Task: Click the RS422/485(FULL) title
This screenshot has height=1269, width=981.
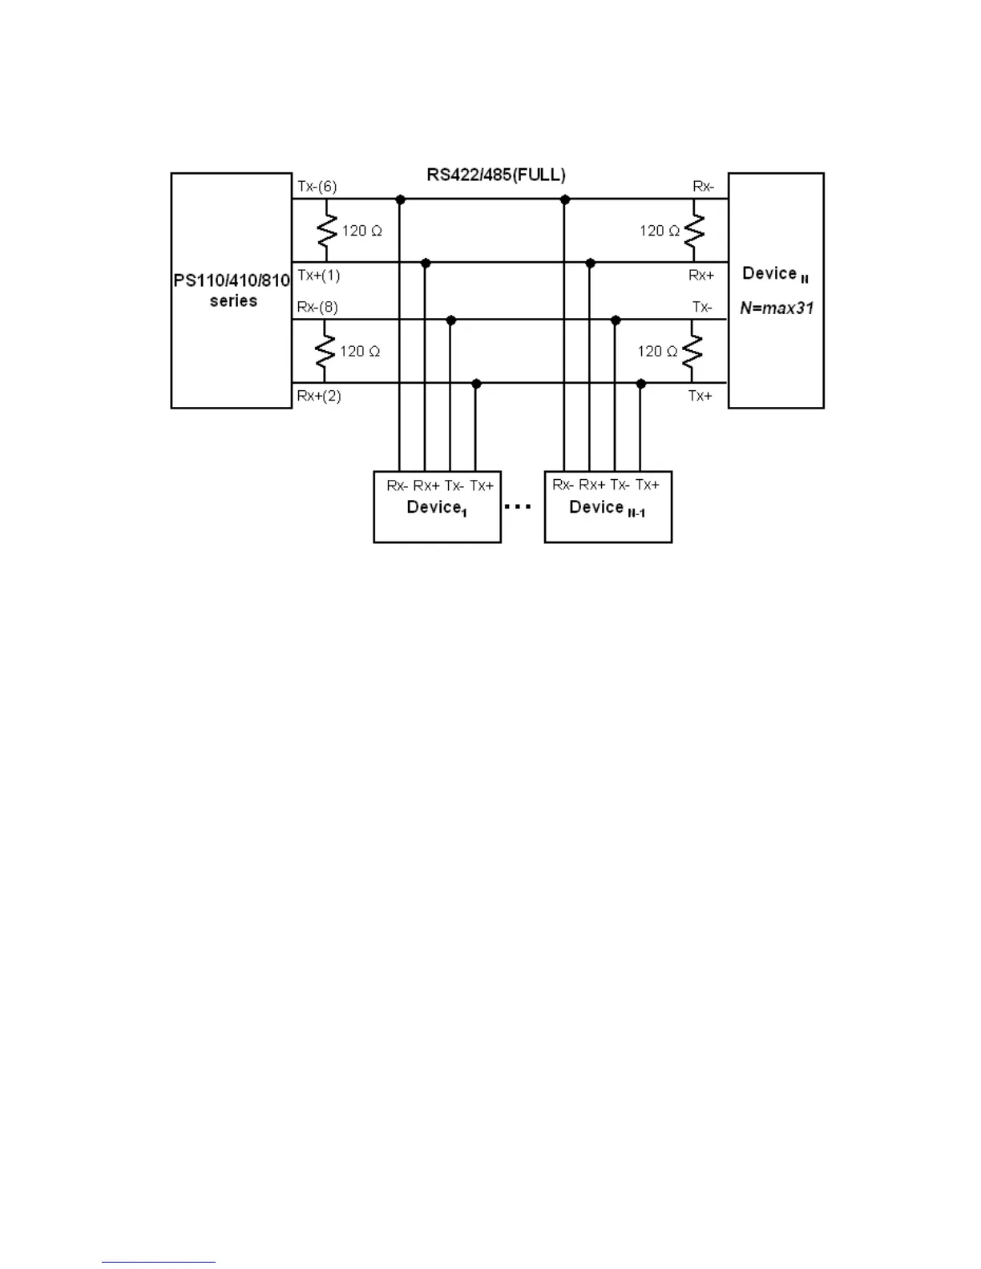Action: (496, 175)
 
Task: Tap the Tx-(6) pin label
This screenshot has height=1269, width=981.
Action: (317, 187)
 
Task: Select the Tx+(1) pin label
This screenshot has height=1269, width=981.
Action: (319, 276)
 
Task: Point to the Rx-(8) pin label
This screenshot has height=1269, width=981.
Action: (317, 307)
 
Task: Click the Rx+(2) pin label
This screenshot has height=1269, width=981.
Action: (319, 396)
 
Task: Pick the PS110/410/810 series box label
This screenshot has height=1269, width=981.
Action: (232, 291)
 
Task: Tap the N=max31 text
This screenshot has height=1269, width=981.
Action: (777, 308)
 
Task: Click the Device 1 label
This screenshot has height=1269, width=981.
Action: (437, 508)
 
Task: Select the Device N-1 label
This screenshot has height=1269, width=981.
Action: (607, 508)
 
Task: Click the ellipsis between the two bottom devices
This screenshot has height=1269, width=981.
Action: (518, 507)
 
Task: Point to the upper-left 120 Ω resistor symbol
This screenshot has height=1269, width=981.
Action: (326, 231)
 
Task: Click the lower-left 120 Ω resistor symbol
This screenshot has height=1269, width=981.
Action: (325, 352)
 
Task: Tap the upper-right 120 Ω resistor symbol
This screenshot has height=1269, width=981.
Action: (694, 231)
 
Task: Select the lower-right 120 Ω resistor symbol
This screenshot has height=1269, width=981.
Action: (692, 352)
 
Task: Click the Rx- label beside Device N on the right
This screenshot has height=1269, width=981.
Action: (703, 187)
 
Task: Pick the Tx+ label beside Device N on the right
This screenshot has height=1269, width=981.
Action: (700, 396)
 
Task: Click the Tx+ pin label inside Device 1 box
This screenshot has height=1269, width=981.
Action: (482, 485)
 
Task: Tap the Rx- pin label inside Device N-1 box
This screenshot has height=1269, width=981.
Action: (563, 485)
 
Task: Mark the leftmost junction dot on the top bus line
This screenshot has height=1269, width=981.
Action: (400, 199)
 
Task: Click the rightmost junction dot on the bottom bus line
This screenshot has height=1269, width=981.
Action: (640, 385)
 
